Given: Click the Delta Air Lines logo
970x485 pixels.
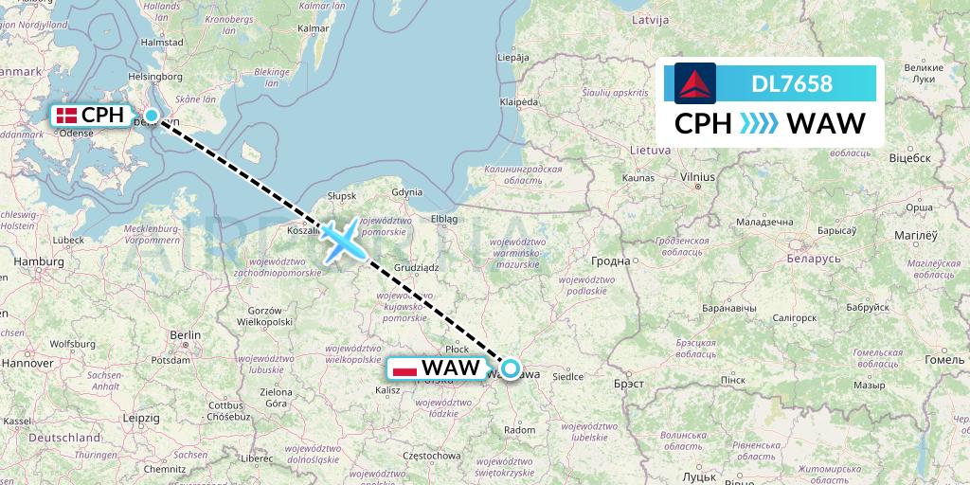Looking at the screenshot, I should point(695,82).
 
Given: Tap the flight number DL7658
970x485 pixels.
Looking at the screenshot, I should point(792,84).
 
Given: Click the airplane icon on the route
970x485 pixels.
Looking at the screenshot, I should point(343,239).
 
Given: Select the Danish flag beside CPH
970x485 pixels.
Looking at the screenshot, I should point(66,116).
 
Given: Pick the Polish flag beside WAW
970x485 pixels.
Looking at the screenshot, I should point(404,368).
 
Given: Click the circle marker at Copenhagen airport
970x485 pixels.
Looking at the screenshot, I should point(152,116).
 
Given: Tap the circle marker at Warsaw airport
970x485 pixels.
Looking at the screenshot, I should point(511,368).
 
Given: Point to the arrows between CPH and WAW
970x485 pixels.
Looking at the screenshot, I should point(757,124).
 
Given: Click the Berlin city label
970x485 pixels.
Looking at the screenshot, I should point(186,335).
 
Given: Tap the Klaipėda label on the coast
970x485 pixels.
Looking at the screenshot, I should point(519,101).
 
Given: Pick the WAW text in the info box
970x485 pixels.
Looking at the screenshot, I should point(826,124).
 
